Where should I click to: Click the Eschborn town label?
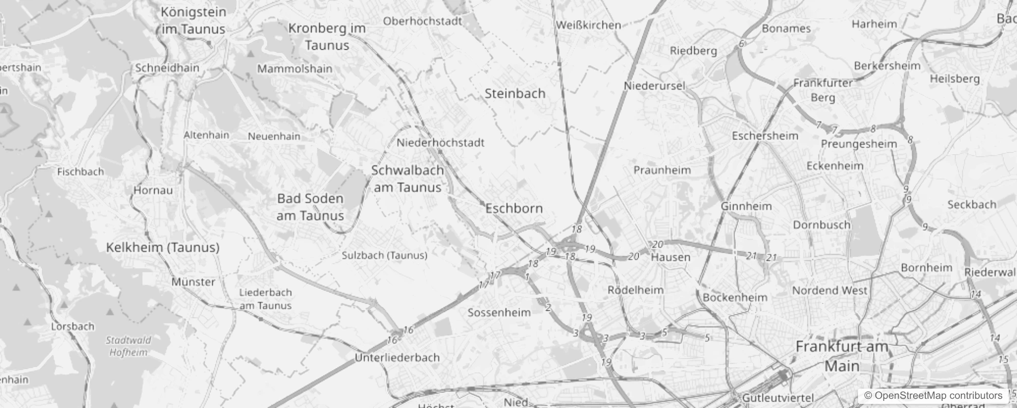(x=514, y=209)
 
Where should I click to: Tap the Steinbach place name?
(x=515, y=94)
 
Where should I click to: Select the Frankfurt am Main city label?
(x=842, y=356)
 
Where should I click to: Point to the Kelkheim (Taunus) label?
(x=163, y=248)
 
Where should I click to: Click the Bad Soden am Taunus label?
(x=310, y=207)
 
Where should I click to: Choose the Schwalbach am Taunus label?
(x=407, y=179)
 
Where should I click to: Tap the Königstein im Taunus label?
(x=193, y=20)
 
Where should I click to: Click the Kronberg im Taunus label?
(x=327, y=37)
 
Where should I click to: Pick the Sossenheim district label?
(x=499, y=313)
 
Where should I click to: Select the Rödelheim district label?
(x=635, y=290)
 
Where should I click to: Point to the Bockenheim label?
(x=735, y=297)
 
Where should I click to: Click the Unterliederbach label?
(x=397, y=358)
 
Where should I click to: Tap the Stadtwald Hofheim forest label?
(x=128, y=346)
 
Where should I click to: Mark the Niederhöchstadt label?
(x=440, y=143)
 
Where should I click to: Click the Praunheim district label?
(x=662, y=170)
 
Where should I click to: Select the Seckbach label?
(x=971, y=205)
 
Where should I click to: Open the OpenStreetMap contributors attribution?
(x=932, y=395)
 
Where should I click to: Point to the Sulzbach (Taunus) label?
(x=384, y=256)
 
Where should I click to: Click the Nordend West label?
(x=829, y=291)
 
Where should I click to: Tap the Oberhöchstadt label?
(x=422, y=21)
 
